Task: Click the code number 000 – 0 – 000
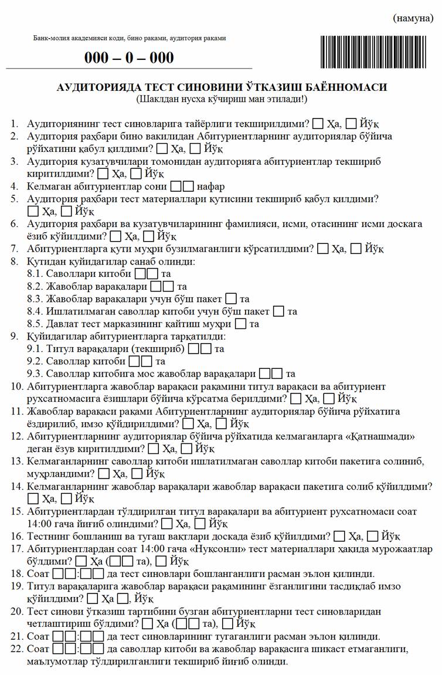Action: [129, 57]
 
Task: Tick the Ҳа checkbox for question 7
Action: [322, 249]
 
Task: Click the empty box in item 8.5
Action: [241, 324]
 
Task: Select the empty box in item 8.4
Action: [279, 311]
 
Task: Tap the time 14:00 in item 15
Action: [40, 523]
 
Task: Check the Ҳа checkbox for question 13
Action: [104, 473]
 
